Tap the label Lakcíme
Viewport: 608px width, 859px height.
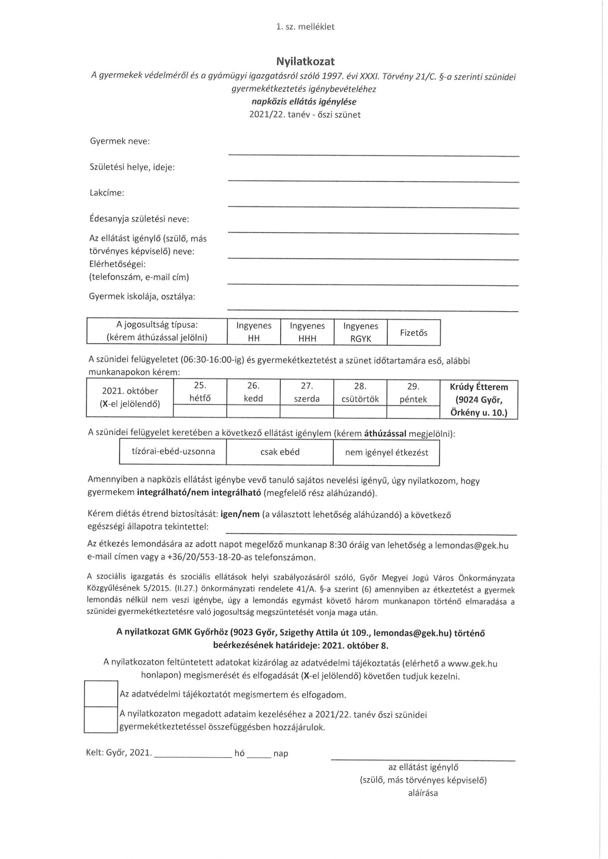tap(107, 193)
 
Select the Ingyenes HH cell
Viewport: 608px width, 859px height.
tap(254, 332)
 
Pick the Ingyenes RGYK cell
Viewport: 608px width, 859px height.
tap(361, 332)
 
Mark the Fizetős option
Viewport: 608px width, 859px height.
tap(414, 333)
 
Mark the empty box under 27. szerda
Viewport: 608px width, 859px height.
tap(307, 411)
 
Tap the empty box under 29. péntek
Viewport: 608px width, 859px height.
tap(413, 411)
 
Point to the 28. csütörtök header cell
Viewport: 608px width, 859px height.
tap(360, 393)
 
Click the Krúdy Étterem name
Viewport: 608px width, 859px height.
tap(479, 387)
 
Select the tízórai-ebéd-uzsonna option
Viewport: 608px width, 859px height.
tap(173, 452)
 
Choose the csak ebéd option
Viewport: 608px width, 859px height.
tap(280, 452)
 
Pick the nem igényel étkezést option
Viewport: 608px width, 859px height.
tap(386, 452)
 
